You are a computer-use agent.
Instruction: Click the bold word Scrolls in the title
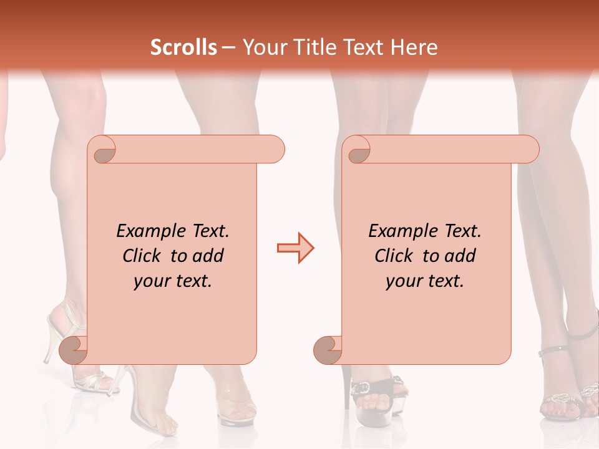tap(184, 47)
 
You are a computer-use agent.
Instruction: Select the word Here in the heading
tap(414, 47)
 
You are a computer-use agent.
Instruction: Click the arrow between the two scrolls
tap(295, 248)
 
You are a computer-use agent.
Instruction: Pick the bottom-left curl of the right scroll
tap(328, 350)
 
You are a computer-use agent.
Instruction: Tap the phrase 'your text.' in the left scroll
tap(173, 281)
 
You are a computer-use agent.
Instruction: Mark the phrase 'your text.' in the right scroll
tap(425, 281)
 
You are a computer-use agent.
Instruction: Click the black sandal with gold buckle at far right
tap(568, 396)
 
